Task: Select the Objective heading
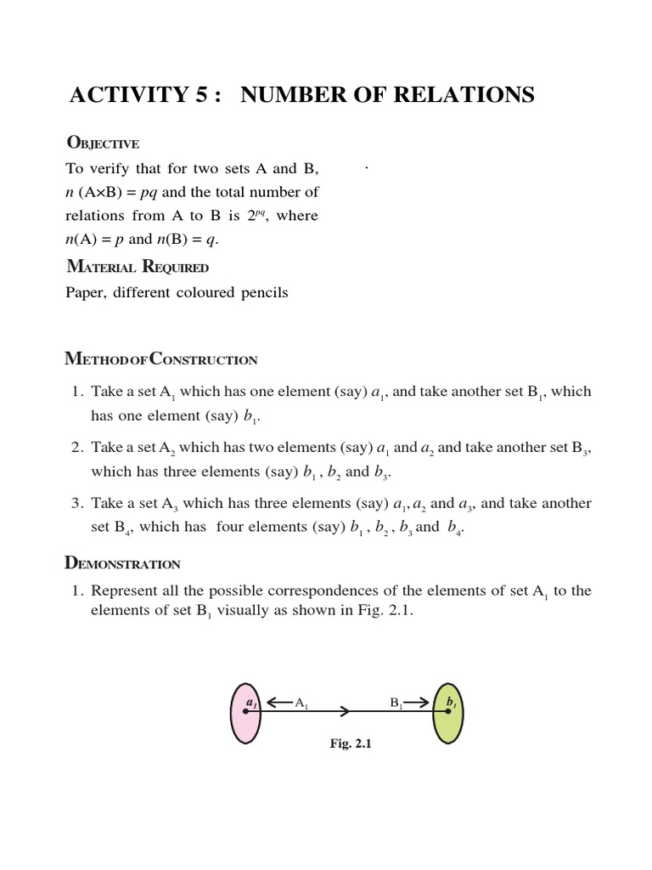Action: (102, 143)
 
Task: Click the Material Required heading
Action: (137, 267)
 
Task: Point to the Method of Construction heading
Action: (161, 359)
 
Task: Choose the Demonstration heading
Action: (122, 562)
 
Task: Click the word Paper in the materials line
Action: (85, 293)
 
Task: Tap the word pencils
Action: (261, 293)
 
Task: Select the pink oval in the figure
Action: (246, 714)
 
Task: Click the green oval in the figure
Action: (447, 714)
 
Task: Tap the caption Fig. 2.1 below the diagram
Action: (351, 743)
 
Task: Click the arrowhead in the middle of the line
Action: (345, 711)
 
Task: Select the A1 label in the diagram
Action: (301, 703)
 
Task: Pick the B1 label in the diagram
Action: (396, 703)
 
